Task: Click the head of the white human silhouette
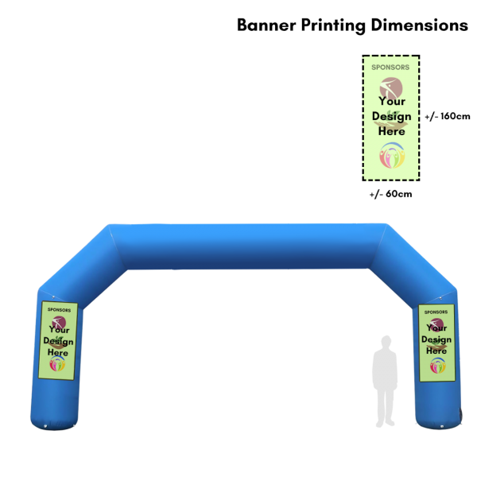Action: pos(386,342)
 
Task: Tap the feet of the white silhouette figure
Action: pos(386,423)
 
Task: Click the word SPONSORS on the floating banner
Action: pos(390,68)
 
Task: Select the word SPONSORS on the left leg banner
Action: pos(59,310)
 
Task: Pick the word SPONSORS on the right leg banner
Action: pos(436,312)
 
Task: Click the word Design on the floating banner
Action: pos(391,116)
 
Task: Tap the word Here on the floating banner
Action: pos(391,131)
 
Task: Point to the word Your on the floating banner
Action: pos(391,101)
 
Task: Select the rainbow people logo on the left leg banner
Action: pos(58,363)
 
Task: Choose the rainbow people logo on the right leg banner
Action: pos(436,366)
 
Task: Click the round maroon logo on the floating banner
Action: pos(391,86)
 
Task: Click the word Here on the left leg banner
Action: pos(58,351)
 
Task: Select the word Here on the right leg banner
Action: pos(436,351)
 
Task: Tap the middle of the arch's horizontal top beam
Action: pos(246,246)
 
